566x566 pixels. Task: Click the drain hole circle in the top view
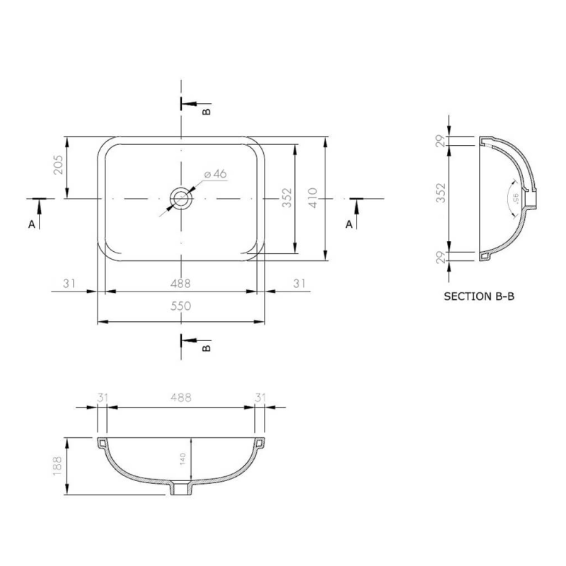click(182, 199)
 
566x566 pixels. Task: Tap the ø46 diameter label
click(214, 173)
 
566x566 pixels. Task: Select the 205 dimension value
click(59, 167)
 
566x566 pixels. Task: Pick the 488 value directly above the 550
click(181, 283)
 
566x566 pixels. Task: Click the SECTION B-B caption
click(479, 297)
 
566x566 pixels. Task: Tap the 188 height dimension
click(59, 466)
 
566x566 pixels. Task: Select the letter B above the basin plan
click(207, 111)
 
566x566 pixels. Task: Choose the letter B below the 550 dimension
click(207, 348)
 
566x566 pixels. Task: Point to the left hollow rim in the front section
click(102, 443)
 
